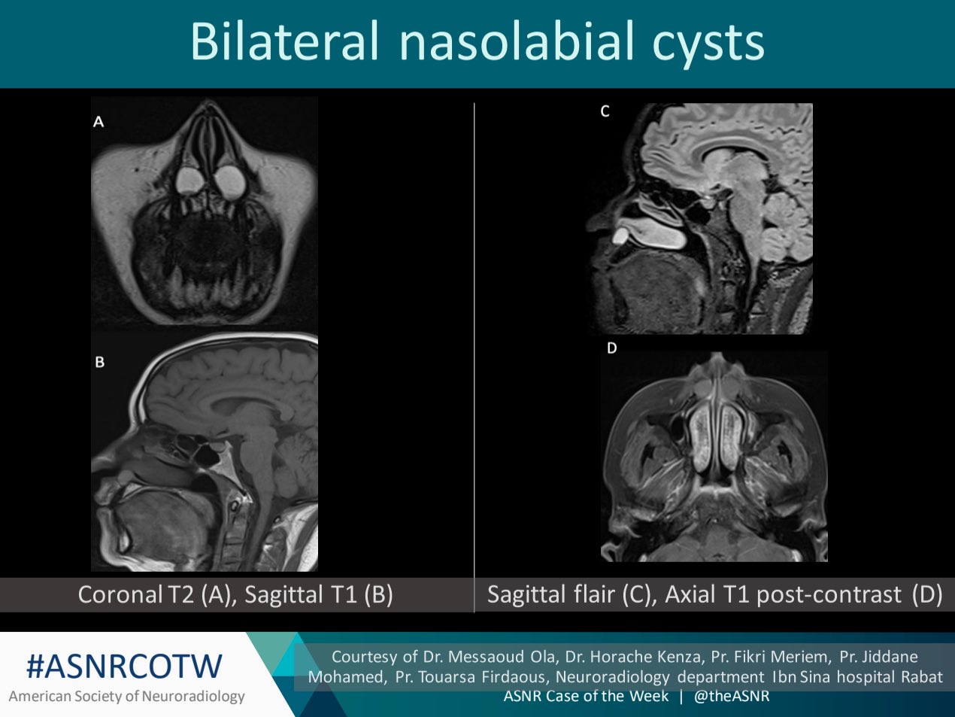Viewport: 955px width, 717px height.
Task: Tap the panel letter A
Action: tap(99, 121)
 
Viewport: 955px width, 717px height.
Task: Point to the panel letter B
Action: tap(99, 362)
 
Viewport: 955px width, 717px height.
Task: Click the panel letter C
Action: tap(605, 111)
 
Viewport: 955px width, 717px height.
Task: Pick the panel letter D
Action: tap(611, 348)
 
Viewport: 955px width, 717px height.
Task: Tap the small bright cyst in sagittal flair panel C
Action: tap(620, 236)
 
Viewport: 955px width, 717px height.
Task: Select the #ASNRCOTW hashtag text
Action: tap(125, 666)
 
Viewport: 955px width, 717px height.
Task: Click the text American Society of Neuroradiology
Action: tap(126, 697)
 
